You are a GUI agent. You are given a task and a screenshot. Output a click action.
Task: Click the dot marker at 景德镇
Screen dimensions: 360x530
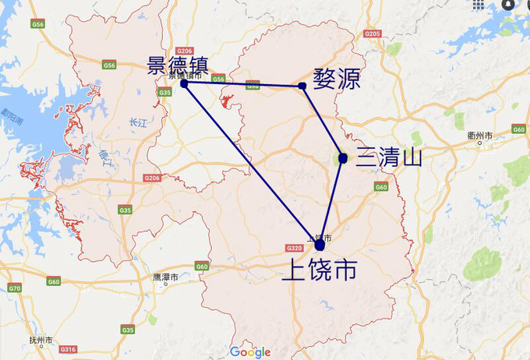(x=184, y=83)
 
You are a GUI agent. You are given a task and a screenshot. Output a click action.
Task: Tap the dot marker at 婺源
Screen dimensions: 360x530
(x=302, y=86)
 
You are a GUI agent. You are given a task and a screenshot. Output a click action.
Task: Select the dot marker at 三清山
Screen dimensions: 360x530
(x=343, y=158)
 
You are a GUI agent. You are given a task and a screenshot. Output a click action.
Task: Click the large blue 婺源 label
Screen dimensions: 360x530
(x=336, y=79)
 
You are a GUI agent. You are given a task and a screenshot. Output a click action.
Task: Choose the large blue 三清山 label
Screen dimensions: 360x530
(x=389, y=158)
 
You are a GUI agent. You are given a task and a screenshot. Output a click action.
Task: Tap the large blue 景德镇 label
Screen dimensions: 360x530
(x=178, y=65)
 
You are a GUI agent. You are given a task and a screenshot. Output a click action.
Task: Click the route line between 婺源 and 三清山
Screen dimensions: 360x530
(x=323, y=122)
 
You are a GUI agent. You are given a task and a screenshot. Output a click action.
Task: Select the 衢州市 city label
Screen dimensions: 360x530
(x=480, y=136)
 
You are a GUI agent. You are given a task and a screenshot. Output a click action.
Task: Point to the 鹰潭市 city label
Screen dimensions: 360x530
(x=165, y=277)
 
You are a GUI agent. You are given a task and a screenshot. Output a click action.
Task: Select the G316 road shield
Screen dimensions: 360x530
(x=68, y=348)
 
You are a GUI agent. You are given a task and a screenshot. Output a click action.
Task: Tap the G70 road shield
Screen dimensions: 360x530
(x=14, y=288)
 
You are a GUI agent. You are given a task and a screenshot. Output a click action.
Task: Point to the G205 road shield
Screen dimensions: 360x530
(x=372, y=34)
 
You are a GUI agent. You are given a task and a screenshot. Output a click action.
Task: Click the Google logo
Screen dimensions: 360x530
(x=249, y=352)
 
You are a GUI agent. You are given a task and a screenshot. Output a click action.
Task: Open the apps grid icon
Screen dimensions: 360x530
(x=479, y=5)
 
